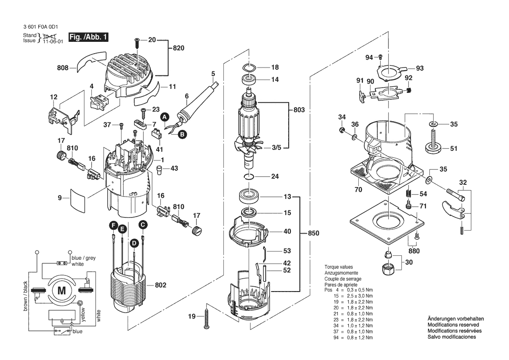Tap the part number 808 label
[x=63, y=68]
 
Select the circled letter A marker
[x=165, y=116]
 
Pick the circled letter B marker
[x=182, y=134]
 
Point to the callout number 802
[x=160, y=285]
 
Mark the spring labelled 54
[x=409, y=194]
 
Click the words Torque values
[x=339, y=267]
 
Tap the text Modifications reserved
[x=453, y=325]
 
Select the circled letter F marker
[x=113, y=225]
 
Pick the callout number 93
[x=420, y=68]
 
